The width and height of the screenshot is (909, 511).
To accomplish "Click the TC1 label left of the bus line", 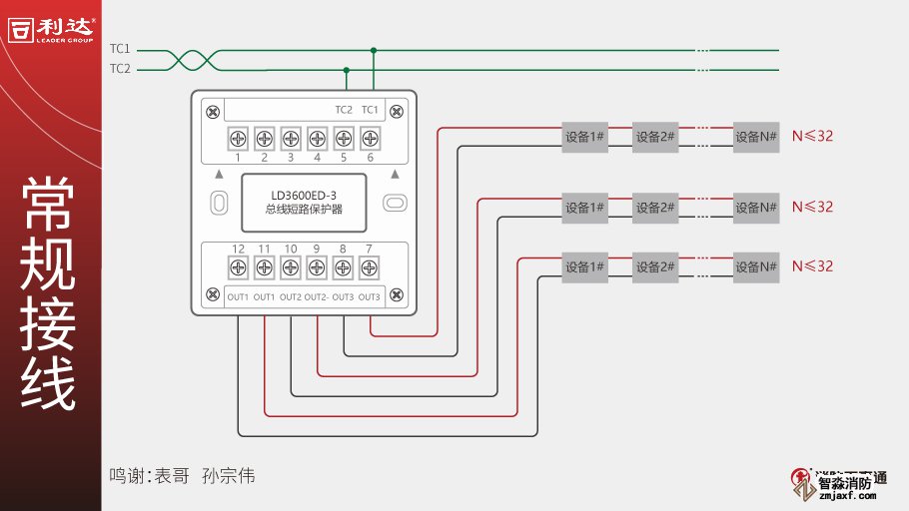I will click(120, 49).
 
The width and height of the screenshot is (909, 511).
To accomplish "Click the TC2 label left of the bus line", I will click(120, 69).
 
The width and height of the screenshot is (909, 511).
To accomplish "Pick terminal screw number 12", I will click(238, 266).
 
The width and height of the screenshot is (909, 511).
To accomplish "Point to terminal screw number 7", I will click(369, 266).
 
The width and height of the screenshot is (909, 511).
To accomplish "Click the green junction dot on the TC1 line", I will click(374, 49).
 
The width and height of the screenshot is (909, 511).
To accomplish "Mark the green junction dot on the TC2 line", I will click(347, 70).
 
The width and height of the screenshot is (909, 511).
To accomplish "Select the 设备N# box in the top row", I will click(756, 137).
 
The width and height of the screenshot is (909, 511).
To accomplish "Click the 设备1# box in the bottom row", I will click(585, 266).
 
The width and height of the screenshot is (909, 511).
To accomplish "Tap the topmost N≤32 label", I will click(812, 137).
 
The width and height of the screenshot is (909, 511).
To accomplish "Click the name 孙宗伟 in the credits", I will click(229, 476).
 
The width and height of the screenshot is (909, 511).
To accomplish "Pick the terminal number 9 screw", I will click(317, 266).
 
